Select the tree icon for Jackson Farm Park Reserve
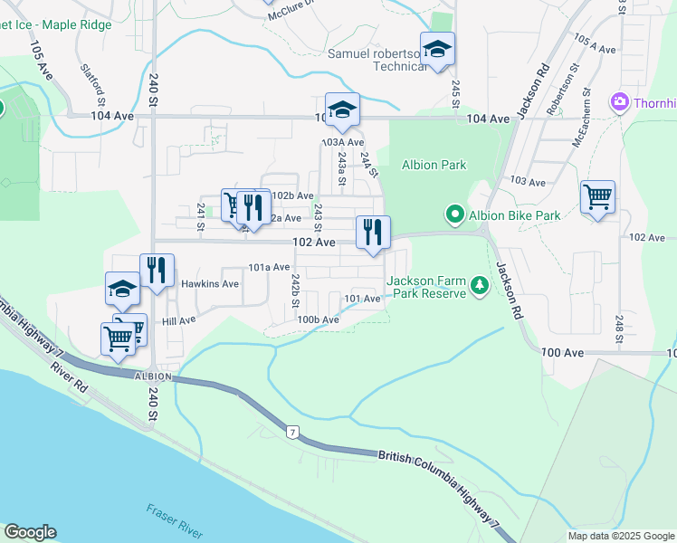[x=479, y=287]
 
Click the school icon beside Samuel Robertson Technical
[x=437, y=50]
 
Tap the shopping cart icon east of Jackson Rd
[x=597, y=195]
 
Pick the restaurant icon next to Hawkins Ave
[x=157, y=269]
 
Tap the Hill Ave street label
[x=178, y=320]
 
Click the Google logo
[x=30, y=532]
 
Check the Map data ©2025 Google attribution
[x=620, y=536]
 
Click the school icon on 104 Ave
[x=342, y=110]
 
